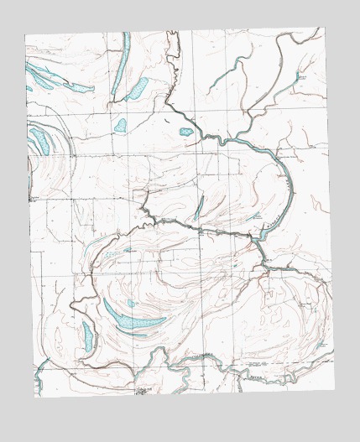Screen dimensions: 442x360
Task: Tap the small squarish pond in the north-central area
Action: point(121,126)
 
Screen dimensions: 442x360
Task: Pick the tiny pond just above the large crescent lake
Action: point(130,303)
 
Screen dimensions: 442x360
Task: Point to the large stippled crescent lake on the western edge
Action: point(38,138)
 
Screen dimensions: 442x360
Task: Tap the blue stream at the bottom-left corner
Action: point(38,382)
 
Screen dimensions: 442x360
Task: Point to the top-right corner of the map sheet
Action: point(321,28)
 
